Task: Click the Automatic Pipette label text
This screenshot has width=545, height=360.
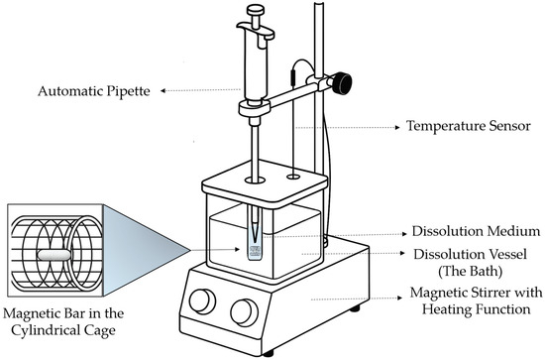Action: tap(94, 91)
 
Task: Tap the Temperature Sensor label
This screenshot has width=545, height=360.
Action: tap(469, 126)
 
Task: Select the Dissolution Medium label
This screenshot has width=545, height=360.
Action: tap(476, 231)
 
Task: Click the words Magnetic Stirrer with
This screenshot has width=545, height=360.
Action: tap(476, 293)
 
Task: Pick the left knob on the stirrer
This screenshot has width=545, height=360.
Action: tap(202, 301)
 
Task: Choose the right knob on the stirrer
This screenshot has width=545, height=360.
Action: tap(245, 312)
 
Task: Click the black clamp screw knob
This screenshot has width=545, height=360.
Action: tap(342, 83)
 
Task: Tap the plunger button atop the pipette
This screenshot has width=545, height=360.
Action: tap(256, 10)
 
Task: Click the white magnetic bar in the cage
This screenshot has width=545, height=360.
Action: tap(54, 255)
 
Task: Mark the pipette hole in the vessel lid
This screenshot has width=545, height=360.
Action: tap(255, 180)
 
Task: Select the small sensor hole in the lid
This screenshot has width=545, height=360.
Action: tap(293, 178)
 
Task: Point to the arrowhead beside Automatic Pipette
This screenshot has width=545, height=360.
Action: tap(163, 91)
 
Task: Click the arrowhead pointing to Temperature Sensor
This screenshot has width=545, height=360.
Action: tap(397, 128)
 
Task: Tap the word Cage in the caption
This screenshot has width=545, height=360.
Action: tap(101, 330)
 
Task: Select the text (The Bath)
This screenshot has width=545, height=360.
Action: tap(471, 272)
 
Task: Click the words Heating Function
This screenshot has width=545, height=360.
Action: tap(477, 309)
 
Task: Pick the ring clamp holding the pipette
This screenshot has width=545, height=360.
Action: tap(255, 107)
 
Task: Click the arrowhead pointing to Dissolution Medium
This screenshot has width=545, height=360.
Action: tap(404, 234)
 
